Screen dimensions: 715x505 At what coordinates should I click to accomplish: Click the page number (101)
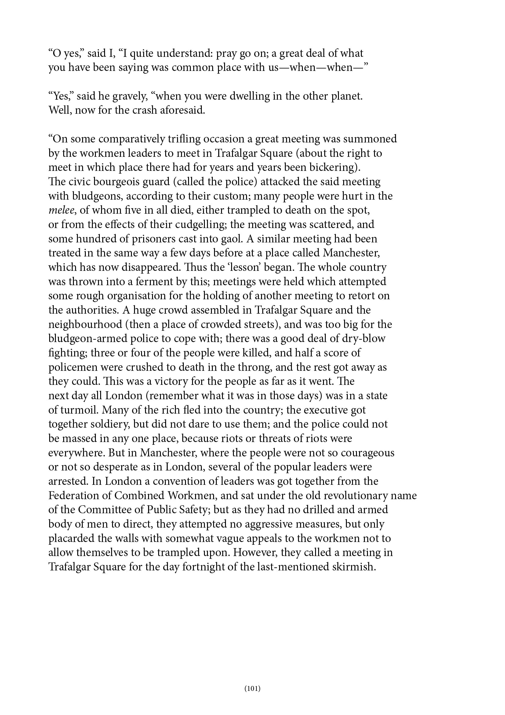252,688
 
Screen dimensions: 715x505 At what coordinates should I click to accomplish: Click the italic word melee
61,210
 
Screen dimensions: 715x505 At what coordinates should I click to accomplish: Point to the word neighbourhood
85,325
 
